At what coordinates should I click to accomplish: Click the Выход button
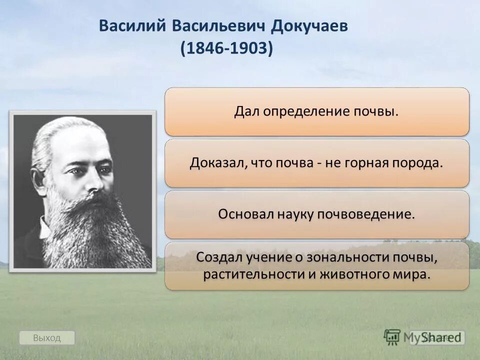[x=46, y=338]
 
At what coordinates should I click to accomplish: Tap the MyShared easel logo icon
[x=392, y=336]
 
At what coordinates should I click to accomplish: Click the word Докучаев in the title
[x=309, y=26]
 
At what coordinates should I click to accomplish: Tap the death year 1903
[x=249, y=49]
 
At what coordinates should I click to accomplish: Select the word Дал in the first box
[x=245, y=111]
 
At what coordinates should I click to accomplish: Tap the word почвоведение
[x=367, y=214]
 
